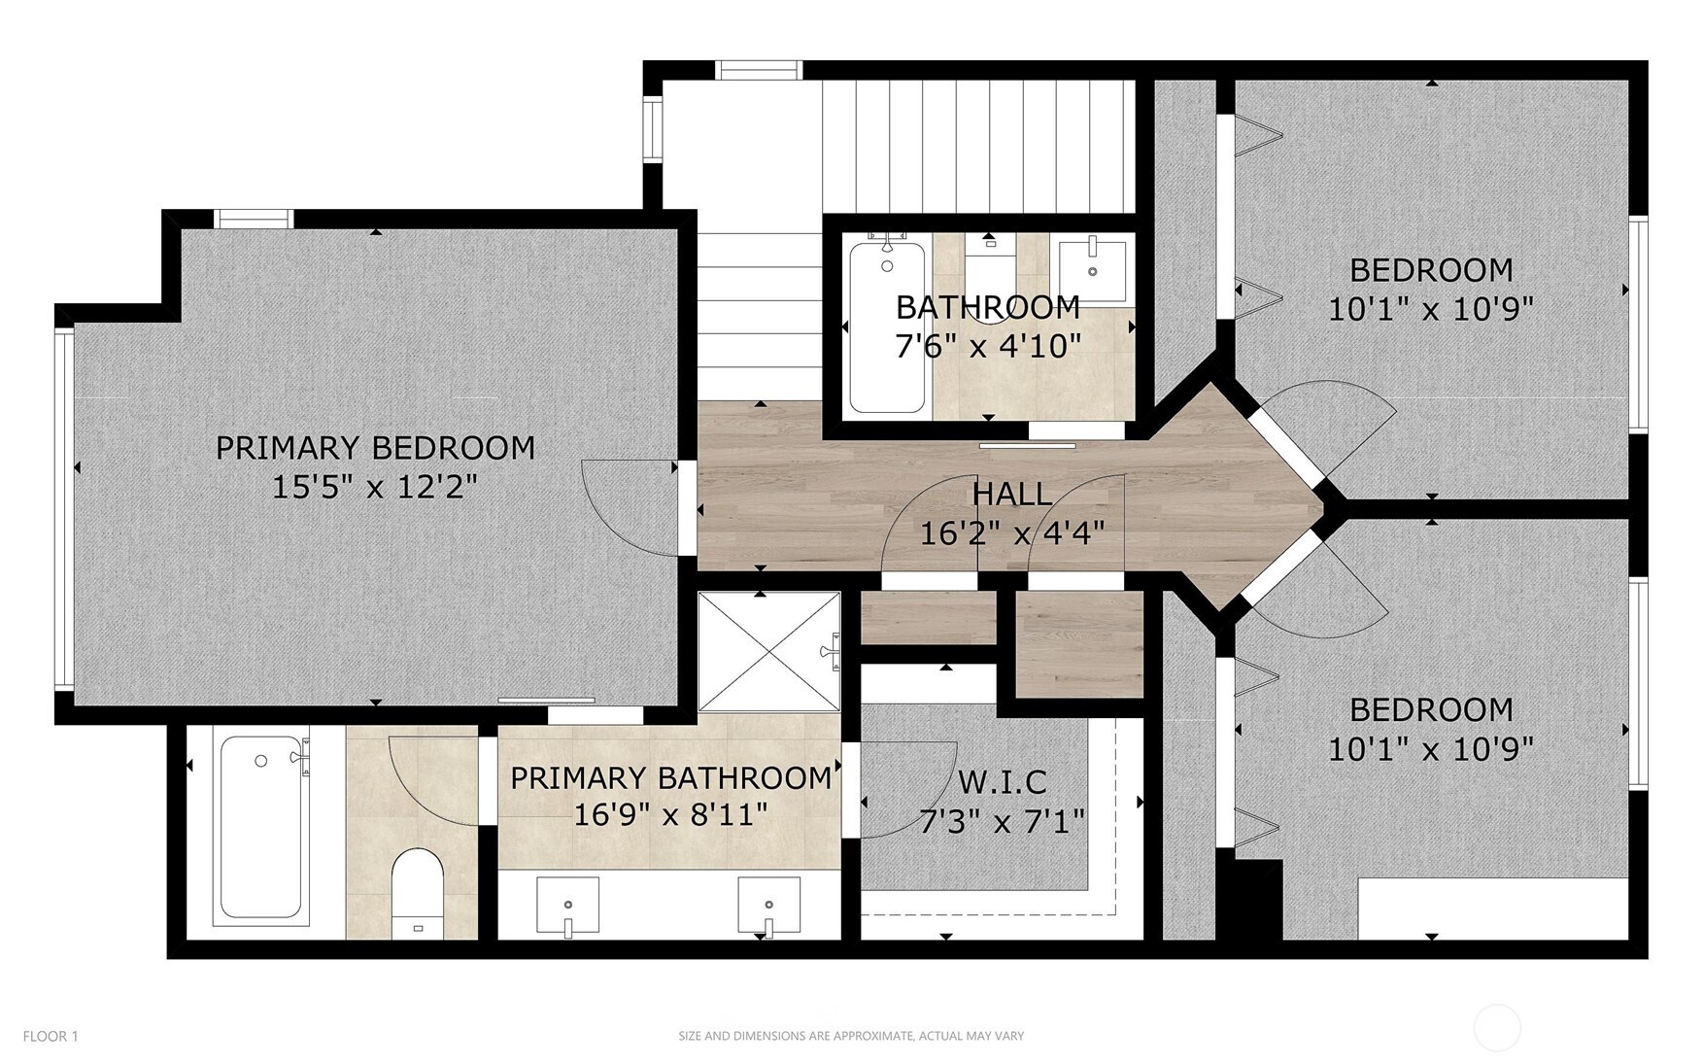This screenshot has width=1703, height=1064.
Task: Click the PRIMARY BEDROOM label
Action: click(375, 448)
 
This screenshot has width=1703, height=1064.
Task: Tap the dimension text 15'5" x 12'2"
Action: click(375, 486)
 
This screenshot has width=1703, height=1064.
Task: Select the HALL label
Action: click(1012, 494)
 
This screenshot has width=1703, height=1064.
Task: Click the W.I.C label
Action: click(1003, 781)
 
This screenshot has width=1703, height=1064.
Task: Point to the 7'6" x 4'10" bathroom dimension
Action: click(988, 346)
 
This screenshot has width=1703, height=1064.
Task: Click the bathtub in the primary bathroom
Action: click(260, 828)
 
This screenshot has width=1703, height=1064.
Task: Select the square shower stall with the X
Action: click(768, 652)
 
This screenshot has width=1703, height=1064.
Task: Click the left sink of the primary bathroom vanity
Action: click(567, 905)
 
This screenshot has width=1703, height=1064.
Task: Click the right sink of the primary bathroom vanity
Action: click(768, 905)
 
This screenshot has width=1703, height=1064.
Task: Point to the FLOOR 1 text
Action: click(51, 1036)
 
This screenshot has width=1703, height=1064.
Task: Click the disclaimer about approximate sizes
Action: click(851, 1036)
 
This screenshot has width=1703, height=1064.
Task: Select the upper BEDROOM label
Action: click(1431, 269)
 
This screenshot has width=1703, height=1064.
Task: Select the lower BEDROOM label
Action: click(1431, 709)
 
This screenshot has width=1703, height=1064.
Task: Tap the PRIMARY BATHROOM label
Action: click(670, 777)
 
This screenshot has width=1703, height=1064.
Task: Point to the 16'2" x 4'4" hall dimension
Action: click(1012, 532)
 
